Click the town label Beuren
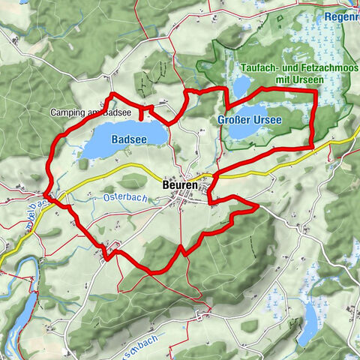(179, 184)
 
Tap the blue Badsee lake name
(124, 139)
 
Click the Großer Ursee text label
(250, 120)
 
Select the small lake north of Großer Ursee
(242, 89)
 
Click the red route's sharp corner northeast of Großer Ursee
(314, 90)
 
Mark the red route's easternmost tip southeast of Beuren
(257, 204)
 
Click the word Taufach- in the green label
(260, 67)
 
